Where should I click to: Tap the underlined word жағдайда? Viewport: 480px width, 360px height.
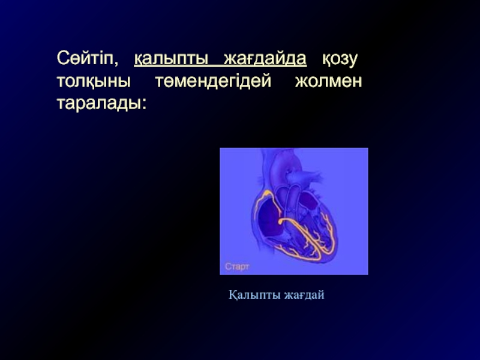pyautogui.click(x=265, y=59)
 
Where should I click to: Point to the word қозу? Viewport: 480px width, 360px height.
pyautogui.click(x=340, y=59)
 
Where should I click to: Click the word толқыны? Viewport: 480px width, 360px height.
pyautogui.click(x=94, y=82)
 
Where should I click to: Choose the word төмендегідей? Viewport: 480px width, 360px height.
pyautogui.click(x=213, y=81)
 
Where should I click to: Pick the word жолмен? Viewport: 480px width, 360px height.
pyautogui.click(x=328, y=81)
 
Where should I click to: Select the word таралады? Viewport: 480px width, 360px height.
pyautogui.click(x=98, y=104)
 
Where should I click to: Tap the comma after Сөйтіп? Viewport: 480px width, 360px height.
pyautogui.click(x=116, y=64)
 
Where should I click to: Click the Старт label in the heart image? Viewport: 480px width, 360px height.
pyautogui.click(x=237, y=266)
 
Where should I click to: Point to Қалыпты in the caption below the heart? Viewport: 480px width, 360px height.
pyautogui.click(x=254, y=295)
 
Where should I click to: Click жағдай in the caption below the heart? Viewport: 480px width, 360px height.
pyautogui.click(x=304, y=295)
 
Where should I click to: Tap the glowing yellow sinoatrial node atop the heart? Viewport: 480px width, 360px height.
pyautogui.click(x=267, y=193)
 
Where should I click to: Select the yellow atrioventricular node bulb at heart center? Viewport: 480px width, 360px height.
pyautogui.click(x=281, y=221)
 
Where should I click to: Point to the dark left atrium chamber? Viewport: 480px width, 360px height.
pyautogui.click(x=308, y=201)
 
